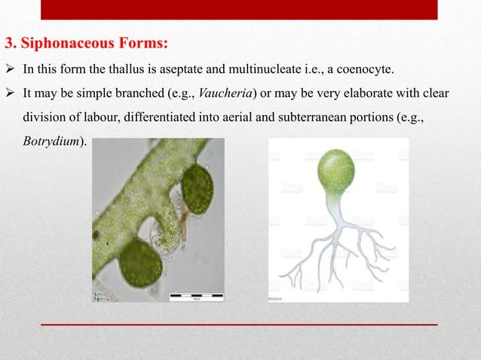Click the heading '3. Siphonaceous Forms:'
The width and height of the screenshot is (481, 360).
point(87,41)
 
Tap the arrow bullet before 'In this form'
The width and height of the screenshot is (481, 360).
point(11,71)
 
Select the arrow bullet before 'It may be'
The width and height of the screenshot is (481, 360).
point(11,94)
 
